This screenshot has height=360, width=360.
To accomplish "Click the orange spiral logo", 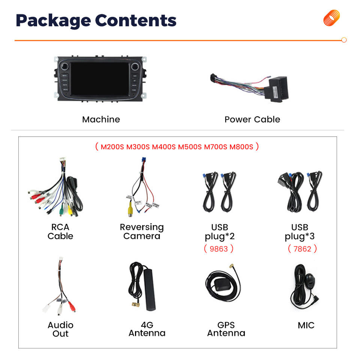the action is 331,18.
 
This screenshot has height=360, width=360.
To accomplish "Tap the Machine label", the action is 101,120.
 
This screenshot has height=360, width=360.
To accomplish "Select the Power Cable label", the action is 252,120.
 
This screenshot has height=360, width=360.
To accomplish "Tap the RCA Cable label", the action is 60,232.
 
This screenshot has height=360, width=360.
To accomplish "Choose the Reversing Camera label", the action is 142,232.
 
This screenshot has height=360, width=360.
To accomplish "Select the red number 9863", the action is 219,248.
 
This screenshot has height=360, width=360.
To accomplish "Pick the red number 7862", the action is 302,248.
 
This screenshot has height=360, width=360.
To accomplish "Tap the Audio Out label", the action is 60,329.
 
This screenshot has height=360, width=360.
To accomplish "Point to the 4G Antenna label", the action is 147,329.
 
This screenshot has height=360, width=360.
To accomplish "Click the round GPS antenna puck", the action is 215,281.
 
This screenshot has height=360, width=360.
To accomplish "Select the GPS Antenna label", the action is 226,329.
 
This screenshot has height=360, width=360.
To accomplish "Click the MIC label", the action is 306,325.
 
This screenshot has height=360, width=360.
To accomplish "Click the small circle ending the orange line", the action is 344,40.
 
